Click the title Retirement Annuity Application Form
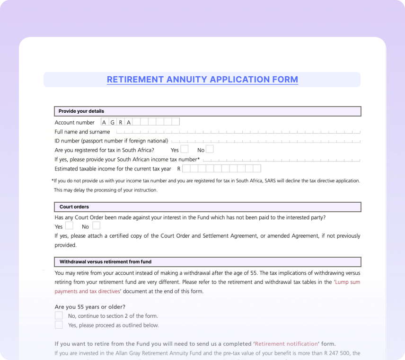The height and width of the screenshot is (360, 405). [202, 80]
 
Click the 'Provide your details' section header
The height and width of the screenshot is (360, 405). [81, 111]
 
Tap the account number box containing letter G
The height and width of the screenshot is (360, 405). [113, 122]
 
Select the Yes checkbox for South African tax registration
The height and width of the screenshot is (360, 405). [184, 149]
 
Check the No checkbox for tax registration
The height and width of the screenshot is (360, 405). [210, 149]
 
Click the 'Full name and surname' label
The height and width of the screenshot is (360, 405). [82, 132]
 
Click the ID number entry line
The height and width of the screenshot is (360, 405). [265, 141]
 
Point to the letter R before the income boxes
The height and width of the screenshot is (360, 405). [179, 169]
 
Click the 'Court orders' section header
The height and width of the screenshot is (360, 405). [74, 207]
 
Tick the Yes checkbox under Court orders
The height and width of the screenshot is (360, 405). [69, 226]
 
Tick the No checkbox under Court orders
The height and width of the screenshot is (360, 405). [96, 226]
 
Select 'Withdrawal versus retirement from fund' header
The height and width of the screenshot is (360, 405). [106, 261]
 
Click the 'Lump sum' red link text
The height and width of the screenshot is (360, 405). [348, 282]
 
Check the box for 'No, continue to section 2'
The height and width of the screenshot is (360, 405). [59, 315]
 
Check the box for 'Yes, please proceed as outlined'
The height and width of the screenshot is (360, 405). [59, 325]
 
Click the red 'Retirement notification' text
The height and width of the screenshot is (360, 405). [286, 344]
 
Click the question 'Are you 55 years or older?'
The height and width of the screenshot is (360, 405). [90, 306]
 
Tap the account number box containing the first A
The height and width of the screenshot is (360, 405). [105, 122]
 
